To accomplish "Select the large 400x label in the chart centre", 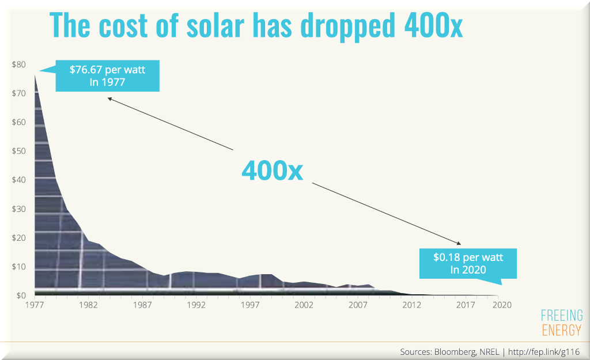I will tap(272, 170).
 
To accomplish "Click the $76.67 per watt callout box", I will tap(107, 76).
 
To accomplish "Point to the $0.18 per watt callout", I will tap(468, 263).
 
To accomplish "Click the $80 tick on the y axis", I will tap(18, 65).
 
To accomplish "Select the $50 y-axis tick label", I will tap(18, 151).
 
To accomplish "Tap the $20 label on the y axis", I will tap(18, 238).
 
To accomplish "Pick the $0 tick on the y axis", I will tap(21, 295).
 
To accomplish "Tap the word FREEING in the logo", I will tap(562, 316).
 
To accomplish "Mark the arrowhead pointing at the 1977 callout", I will tap(109, 98).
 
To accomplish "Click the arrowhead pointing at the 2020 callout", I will tap(459, 243).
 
